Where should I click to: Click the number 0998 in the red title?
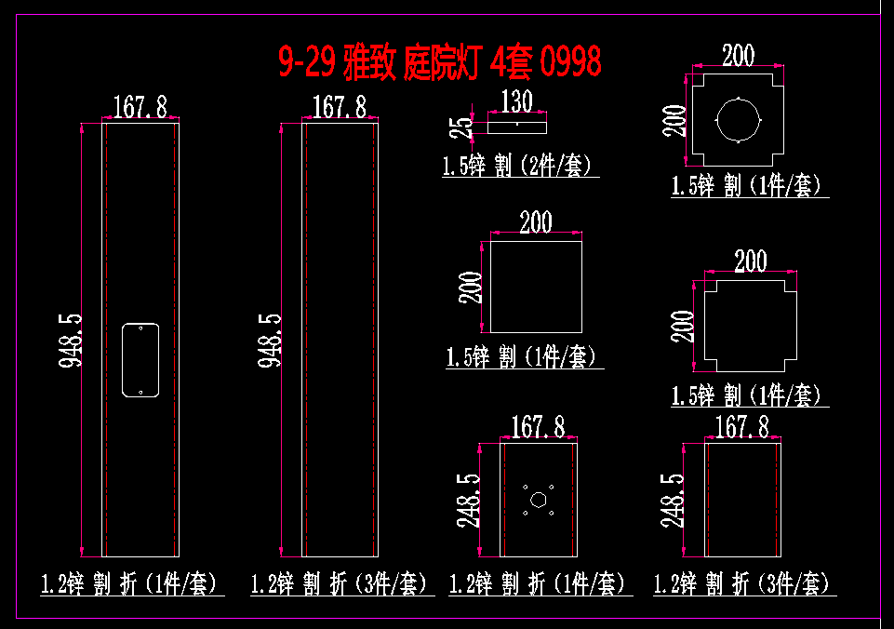[x=569, y=62]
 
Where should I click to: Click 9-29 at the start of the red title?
[x=307, y=62]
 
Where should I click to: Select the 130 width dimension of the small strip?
[x=516, y=100]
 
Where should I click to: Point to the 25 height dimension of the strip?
[x=468, y=125]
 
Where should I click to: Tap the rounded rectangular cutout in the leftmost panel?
[x=140, y=360]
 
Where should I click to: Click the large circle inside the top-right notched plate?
[x=739, y=121]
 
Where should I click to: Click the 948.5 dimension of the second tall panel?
[x=271, y=341]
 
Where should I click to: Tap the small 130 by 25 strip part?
[x=517, y=122]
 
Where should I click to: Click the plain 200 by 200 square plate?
[x=536, y=286]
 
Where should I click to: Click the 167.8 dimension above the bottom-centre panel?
[x=539, y=427]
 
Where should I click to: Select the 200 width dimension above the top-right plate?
[x=739, y=56]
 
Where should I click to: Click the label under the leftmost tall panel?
[x=129, y=584]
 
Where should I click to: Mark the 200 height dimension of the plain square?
[x=473, y=287]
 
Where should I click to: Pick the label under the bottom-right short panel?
[x=741, y=584]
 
